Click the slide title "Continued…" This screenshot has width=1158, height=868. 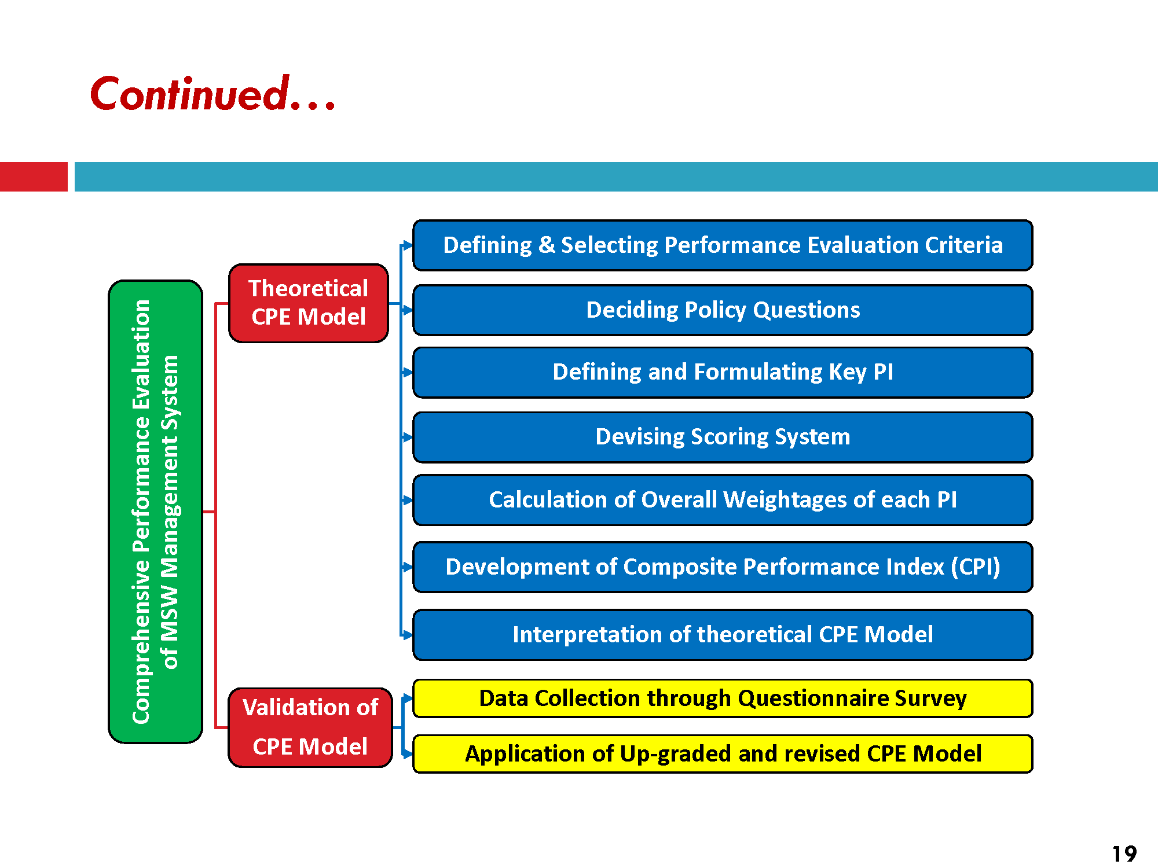213,93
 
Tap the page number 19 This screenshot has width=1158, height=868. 1124,854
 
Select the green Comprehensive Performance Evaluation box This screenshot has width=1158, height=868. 156,512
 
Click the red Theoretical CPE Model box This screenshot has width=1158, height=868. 309,303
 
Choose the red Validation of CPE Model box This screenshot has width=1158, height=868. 310,727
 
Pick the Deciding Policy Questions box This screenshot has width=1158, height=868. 723,310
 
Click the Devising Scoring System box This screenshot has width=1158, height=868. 723,437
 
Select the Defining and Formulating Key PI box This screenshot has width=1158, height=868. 723,372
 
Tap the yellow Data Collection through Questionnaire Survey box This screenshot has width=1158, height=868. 723,698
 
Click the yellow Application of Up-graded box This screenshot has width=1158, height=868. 723,754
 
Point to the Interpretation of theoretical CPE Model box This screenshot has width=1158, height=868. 723,635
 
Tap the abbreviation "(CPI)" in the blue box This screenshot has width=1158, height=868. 976,567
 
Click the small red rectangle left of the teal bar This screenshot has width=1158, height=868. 34,176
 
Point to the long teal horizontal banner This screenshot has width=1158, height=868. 616,176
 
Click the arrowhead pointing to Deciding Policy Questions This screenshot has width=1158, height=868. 408,310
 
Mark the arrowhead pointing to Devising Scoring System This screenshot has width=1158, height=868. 408,437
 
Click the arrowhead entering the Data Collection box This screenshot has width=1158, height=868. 408,698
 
